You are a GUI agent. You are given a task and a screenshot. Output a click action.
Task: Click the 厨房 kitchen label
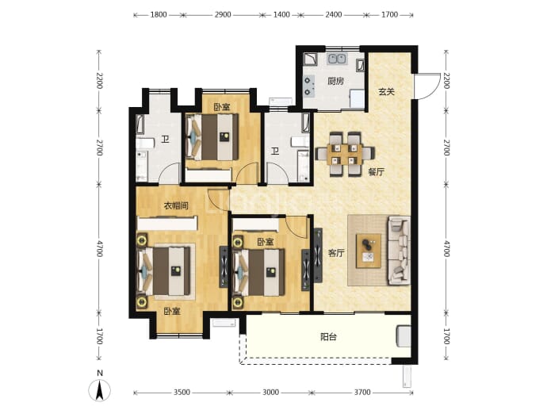click(335, 82)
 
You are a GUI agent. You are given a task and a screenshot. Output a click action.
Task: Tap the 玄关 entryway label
click(387, 92)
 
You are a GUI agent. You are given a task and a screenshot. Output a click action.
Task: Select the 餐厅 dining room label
click(376, 171)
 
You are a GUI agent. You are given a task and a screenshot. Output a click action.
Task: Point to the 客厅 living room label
click(336, 253)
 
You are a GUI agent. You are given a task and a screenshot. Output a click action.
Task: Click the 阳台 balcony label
click(328, 337)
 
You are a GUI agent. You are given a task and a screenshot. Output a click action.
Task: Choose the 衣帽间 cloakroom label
click(176, 205)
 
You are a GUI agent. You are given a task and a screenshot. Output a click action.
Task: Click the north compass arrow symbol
click(99, 390)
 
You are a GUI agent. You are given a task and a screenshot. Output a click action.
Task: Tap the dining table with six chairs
click(345, 154)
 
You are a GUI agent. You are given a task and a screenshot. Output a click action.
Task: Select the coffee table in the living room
click(369, 251)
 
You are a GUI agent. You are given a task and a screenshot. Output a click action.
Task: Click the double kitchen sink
click(337, 59)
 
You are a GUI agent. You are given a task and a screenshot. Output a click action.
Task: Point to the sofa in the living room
click(399, 250)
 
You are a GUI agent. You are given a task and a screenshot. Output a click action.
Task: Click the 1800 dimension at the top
click(159, 14)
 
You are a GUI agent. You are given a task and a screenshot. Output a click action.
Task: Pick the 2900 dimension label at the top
click(223, 14)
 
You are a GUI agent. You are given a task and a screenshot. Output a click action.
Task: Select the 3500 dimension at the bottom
click(182, 393)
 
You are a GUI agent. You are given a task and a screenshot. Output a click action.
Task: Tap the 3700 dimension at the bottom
click(362, 393)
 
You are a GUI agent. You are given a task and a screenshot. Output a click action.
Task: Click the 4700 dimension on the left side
click(100, 248)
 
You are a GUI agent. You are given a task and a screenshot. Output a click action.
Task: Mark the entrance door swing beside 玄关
click(427, 86)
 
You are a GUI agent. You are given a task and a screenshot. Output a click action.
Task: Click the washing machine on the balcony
click(404, 336)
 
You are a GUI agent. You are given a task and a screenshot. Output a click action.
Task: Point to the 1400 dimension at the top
click(281, 14)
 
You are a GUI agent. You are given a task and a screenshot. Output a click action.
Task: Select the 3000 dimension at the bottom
click(270, 393)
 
